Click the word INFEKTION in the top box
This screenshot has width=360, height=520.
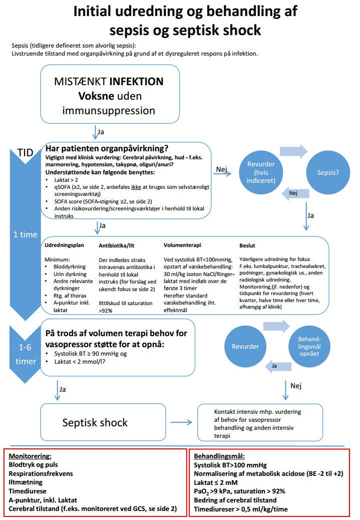point(136,81)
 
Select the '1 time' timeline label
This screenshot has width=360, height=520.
point(25,234)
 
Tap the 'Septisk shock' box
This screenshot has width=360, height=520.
point(95,422)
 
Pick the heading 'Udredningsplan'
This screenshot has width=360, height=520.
point(64,245)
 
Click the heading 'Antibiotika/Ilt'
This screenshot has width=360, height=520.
point(116,245)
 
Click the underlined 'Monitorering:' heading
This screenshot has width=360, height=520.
point(30,456)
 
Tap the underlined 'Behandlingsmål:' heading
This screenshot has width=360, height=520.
point(219,456)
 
